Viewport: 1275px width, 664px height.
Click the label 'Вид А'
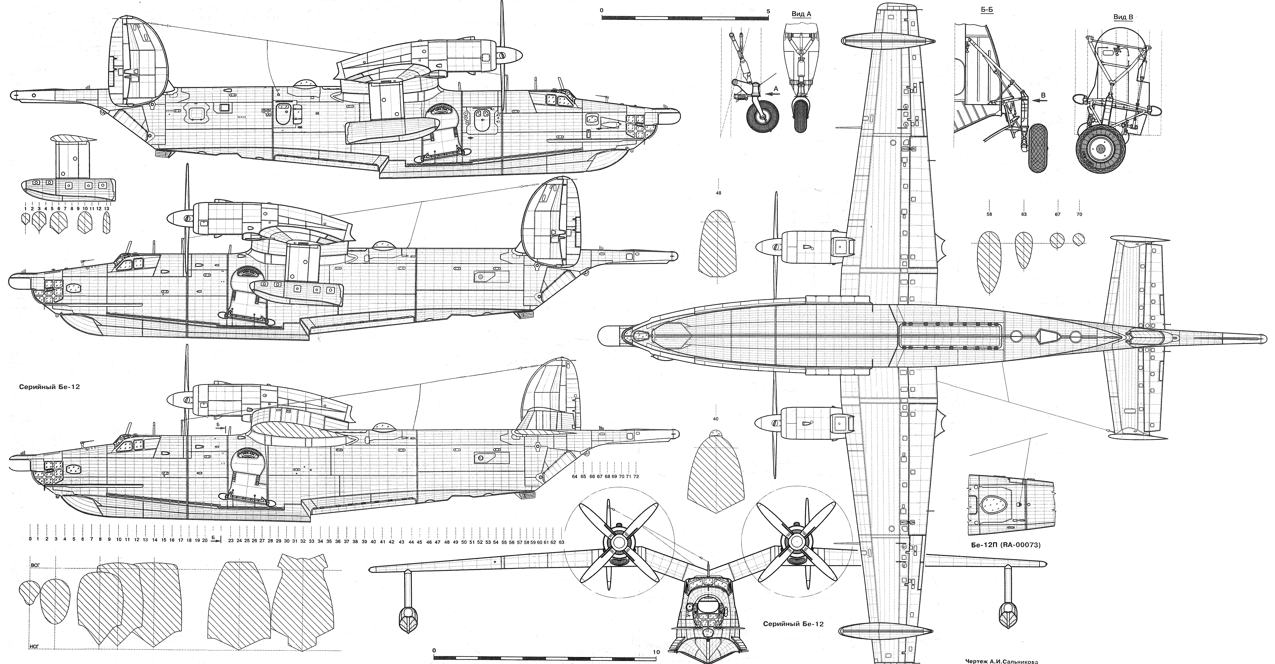tap(801, 14)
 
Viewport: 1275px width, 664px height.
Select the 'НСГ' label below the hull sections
tap(35, 646)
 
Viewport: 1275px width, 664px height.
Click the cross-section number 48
tap(718, 193)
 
